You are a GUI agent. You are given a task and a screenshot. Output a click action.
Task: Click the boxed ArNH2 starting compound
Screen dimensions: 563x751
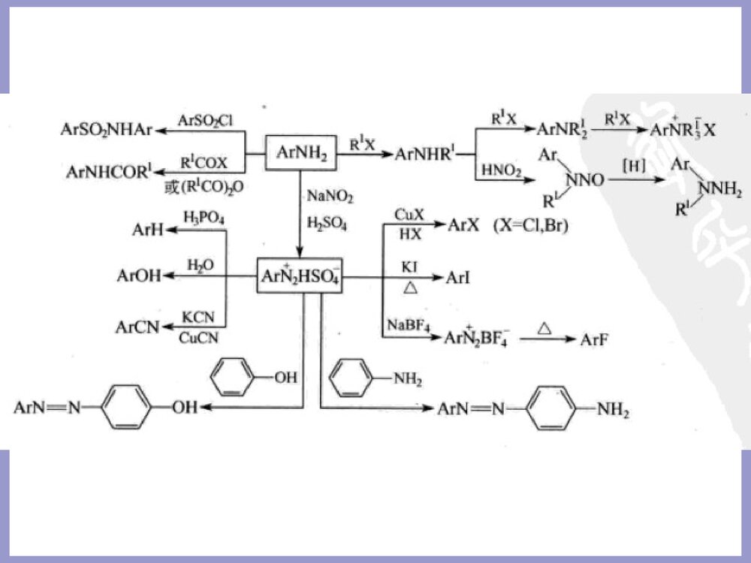300,152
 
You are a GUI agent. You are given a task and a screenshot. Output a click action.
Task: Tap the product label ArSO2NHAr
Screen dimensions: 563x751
106,130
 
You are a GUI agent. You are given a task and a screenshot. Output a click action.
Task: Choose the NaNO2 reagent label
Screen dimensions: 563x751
329,197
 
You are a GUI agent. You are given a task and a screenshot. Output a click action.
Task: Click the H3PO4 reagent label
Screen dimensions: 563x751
204,218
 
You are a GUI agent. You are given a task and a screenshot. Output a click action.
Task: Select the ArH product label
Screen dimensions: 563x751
147,230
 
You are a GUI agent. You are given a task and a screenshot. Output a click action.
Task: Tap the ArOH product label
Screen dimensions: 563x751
139,276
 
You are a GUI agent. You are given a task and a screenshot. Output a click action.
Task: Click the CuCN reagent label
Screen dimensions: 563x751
199,338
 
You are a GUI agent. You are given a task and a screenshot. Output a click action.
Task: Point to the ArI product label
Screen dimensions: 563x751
458,278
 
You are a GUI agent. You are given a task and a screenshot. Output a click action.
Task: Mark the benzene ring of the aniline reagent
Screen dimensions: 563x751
351,378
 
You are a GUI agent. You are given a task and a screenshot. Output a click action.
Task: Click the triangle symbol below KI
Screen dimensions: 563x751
410,287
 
